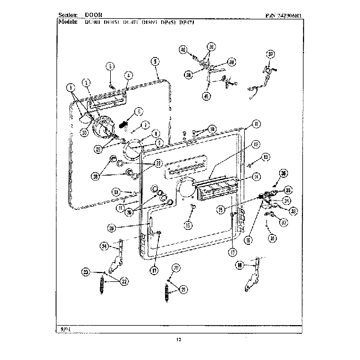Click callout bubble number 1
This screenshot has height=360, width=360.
(x=70, y=86)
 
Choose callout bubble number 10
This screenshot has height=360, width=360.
(x=212, y=128)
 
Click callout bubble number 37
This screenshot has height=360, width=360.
(x=270, y=54)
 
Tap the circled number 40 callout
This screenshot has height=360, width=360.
(x=183, y=50)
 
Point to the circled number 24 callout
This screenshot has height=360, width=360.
(x=104, y=246)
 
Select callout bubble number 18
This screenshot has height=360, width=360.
(x=239, y=266)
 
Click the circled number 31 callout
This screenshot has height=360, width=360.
(x=272, y=239)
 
